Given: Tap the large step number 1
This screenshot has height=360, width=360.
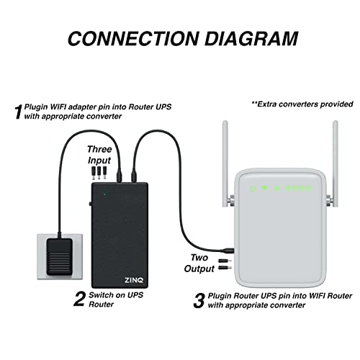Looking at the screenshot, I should tap(18, 112).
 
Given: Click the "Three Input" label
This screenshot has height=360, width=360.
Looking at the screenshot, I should tap(100, 153).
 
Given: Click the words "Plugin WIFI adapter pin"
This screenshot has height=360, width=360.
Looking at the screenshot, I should tap(69, 107).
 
